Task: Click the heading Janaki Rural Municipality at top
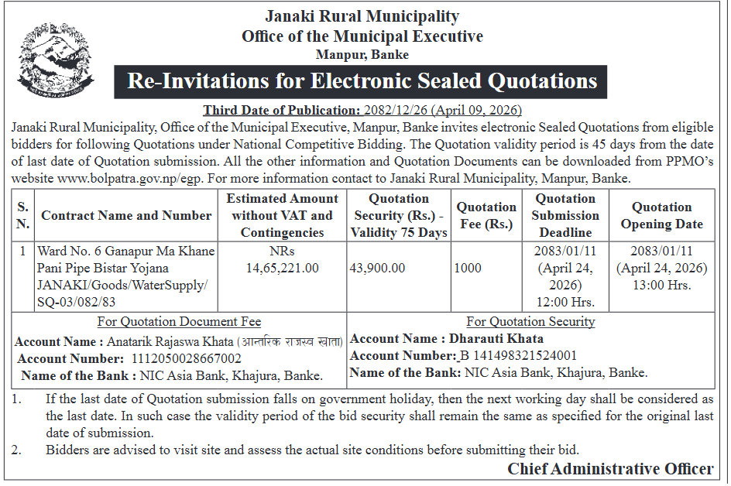[x=362, y=16]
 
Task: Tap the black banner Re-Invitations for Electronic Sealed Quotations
[x=362, y=81]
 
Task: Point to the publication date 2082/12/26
[x=404, y=110]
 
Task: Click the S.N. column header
[x=23, y=215]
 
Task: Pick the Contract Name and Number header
[x=126, y=215]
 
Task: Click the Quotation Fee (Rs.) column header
[x=486, y=215]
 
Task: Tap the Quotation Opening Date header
[x=661, y=215]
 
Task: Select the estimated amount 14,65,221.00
[x=282, y=268]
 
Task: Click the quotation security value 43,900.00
[x=377, y=268]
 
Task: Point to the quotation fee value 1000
[x=468, y=268]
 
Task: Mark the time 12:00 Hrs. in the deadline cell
[x=565, y=301]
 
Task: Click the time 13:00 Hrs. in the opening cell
[x=661, y=285]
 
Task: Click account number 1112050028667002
[x=187, y=358]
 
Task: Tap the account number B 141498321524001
[x=518, y=355]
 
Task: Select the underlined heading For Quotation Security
[x=530, y=321]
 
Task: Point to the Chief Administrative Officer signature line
[x=610, y=469]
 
